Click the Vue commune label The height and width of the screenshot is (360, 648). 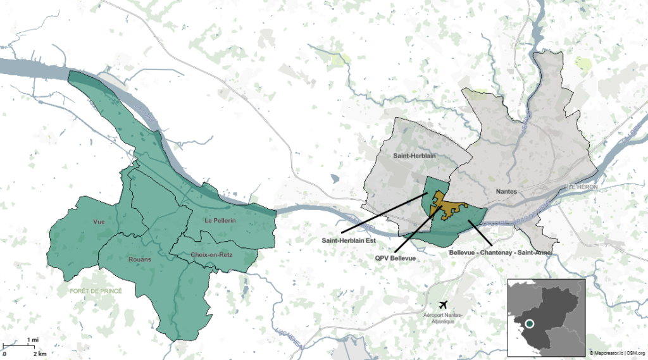click(99, 222)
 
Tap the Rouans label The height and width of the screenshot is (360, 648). click(139, 259)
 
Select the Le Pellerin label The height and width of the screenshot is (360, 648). click(220, 221)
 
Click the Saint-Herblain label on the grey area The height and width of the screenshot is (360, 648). click(413, 155)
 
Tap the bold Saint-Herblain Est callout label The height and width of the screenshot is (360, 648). click(349, 240)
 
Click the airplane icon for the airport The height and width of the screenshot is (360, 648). click(442, 305)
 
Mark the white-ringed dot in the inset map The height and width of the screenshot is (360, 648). click(530, 324)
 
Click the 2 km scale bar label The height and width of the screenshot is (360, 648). click(40, 353)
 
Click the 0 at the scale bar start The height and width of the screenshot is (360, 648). click(4, 353)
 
